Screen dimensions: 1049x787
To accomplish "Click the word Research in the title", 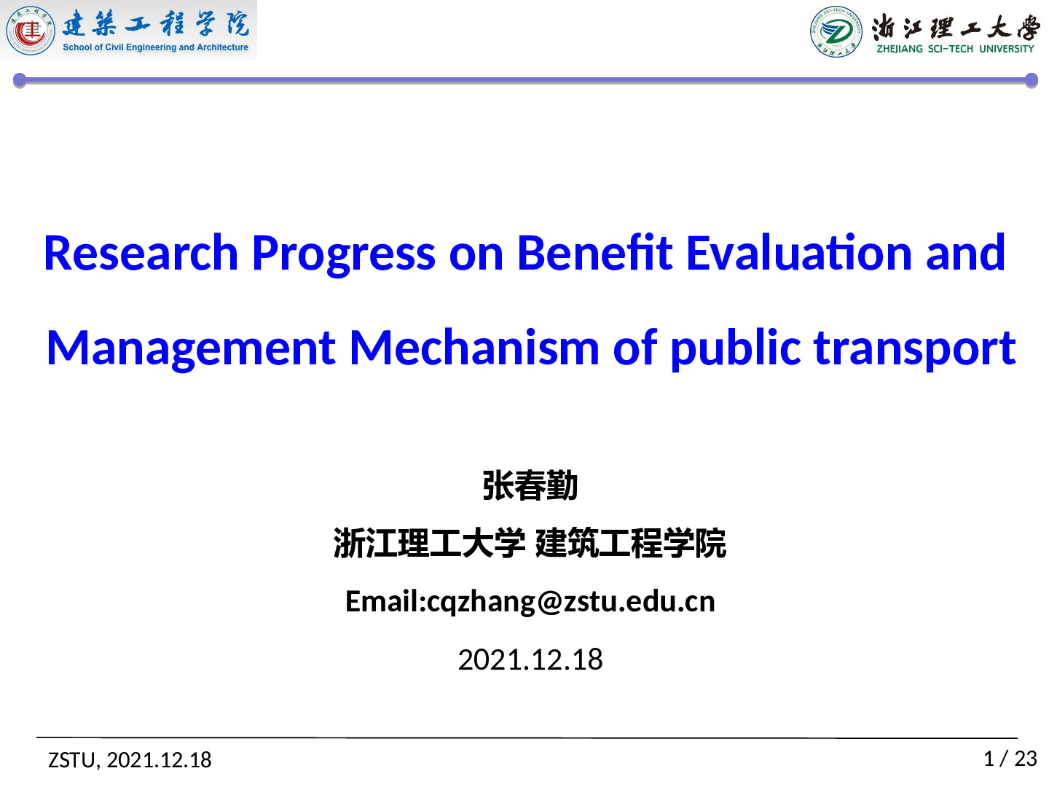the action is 141,254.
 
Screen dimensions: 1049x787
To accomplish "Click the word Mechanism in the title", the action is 474,348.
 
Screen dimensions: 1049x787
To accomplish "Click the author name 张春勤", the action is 530,486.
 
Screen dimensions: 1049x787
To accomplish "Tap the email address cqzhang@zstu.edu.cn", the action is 570,602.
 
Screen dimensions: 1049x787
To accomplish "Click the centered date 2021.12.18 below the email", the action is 530,660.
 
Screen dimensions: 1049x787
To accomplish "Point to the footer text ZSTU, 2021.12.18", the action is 130,760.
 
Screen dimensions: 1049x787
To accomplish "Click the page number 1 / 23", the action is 1010,759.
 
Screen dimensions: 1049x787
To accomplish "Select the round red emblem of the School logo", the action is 31,31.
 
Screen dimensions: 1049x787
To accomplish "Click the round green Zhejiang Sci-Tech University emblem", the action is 836,31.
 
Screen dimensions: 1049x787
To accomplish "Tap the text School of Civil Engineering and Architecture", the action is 155,47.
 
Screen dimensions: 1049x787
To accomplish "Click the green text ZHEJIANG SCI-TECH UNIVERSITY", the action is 955,49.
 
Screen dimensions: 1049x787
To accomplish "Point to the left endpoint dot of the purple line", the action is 20,80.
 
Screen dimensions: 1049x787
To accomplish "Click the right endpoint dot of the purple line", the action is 1032,80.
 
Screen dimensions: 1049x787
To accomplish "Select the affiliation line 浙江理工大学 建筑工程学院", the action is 530,544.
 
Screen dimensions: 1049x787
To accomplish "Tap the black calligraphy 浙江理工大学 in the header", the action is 955,28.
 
